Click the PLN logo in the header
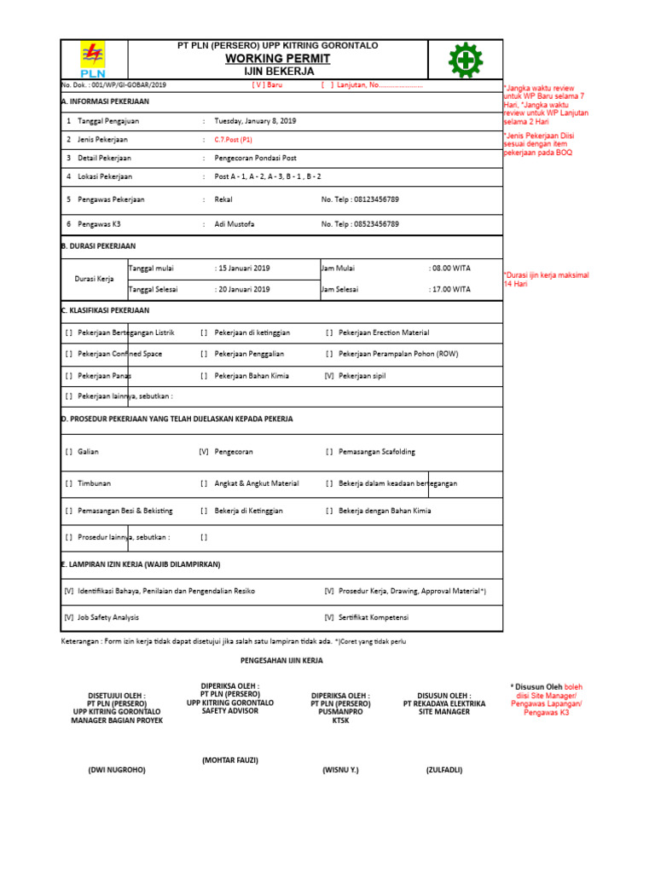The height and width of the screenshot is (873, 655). click(x=92, y=60)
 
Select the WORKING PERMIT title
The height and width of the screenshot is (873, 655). click(x=277, y=58)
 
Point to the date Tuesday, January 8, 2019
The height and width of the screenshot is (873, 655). click(x=255, y=122)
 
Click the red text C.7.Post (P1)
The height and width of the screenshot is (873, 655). click(x=233, y=140)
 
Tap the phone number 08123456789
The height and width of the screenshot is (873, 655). click(x=372, y=199)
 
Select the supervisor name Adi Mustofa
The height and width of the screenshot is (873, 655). click(x=235, y=224)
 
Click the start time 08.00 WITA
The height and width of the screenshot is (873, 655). click(x=449, y=268)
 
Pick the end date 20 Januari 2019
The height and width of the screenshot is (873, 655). click(x=242, y=290)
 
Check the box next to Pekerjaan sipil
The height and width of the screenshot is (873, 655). click(x=329, y=375)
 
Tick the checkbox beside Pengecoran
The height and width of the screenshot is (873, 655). click(x=203, y=452)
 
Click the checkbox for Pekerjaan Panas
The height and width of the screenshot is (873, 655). click(x=69, y=375)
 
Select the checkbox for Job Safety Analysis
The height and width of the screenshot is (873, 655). click(x=69, y=617)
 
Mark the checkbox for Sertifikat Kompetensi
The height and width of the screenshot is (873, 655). click(x=329, y=617)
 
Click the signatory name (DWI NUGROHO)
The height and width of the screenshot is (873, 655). click(x=117, y=770)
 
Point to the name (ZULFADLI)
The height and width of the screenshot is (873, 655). click(x=444, y=770)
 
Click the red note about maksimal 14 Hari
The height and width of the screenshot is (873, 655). click(x=545, y=279)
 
